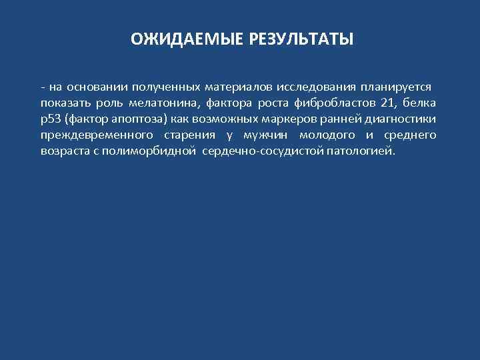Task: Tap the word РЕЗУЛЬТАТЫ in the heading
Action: pyautogui.click(x=301, y=40)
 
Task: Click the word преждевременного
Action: pyautogui.click(x=92, y=135)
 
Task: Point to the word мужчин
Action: pyautogui.click(x=265, y=135)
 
